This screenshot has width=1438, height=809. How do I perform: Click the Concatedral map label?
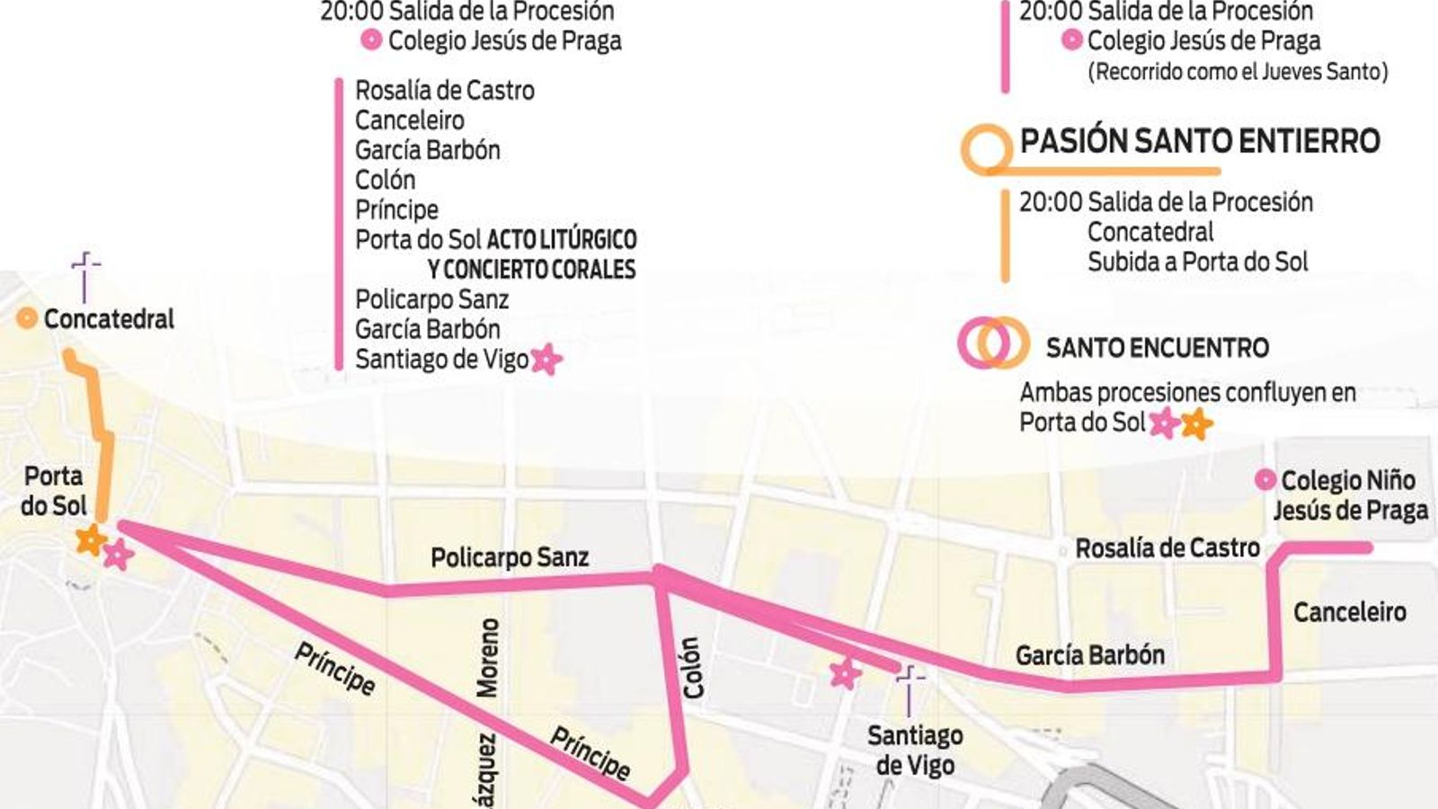[x=108, y=319]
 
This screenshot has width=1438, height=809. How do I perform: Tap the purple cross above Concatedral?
[x=85, y=275]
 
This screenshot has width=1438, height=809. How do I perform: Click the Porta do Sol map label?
[x=53, y=491]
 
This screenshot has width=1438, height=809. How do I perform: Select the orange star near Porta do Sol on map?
[x=90, y=541]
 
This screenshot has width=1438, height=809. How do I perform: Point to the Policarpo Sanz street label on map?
[x=510, y=557]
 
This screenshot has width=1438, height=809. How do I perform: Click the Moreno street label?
[x=487, y=657]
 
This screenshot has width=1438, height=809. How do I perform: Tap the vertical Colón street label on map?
[x=691, y=668]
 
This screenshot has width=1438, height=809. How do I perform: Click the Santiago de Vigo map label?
[x=915, y=751]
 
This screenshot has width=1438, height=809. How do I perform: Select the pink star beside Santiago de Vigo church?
[x=845, y=672]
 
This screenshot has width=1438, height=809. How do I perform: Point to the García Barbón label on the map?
[x=1089, y=654]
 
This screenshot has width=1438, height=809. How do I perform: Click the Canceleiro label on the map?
[x=1349, y=612]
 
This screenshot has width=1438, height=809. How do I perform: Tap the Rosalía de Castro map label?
[x=1167, y=547]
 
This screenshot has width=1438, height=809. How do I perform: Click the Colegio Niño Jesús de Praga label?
[x=1348, y=495]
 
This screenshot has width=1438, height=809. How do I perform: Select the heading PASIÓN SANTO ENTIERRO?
[x=1199, y=141]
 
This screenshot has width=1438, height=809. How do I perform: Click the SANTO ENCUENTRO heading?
[x=1157, y=348]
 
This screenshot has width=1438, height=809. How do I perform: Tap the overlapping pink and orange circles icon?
[x=992, y=342]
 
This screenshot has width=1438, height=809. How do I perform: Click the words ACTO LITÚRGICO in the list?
[x=561, y=240]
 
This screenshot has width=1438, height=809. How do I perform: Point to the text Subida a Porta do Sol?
[x=1197, y=262]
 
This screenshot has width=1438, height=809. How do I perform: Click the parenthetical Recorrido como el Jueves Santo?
[x=1237, y=71]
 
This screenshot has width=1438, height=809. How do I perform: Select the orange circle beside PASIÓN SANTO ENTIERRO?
[x=987, y=147]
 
